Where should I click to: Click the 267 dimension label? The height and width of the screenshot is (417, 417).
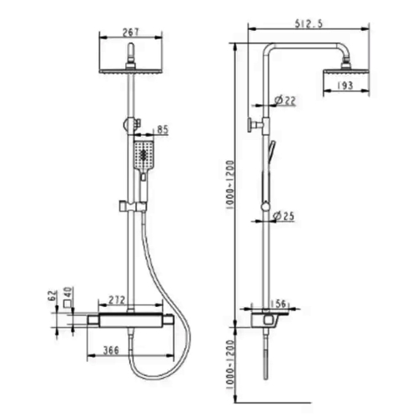[x=130, y=33]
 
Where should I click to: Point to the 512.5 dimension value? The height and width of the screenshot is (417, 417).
[x=309, y=23]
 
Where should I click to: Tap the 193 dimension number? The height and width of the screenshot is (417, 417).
[x=345, y=85]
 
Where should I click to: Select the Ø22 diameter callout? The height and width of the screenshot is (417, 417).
[x=284, y=100]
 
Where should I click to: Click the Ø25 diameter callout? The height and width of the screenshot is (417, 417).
[x=284, y=216]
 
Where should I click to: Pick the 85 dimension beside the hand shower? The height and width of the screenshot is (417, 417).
[x=163, y=129]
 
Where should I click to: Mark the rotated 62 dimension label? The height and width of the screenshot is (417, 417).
[x=53, y=295]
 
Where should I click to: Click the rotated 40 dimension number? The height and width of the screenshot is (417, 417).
[x=68, y=293]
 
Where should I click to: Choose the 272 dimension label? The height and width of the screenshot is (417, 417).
[x=117, y=300]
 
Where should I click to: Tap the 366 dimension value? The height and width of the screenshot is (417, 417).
[x=111, y=350]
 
